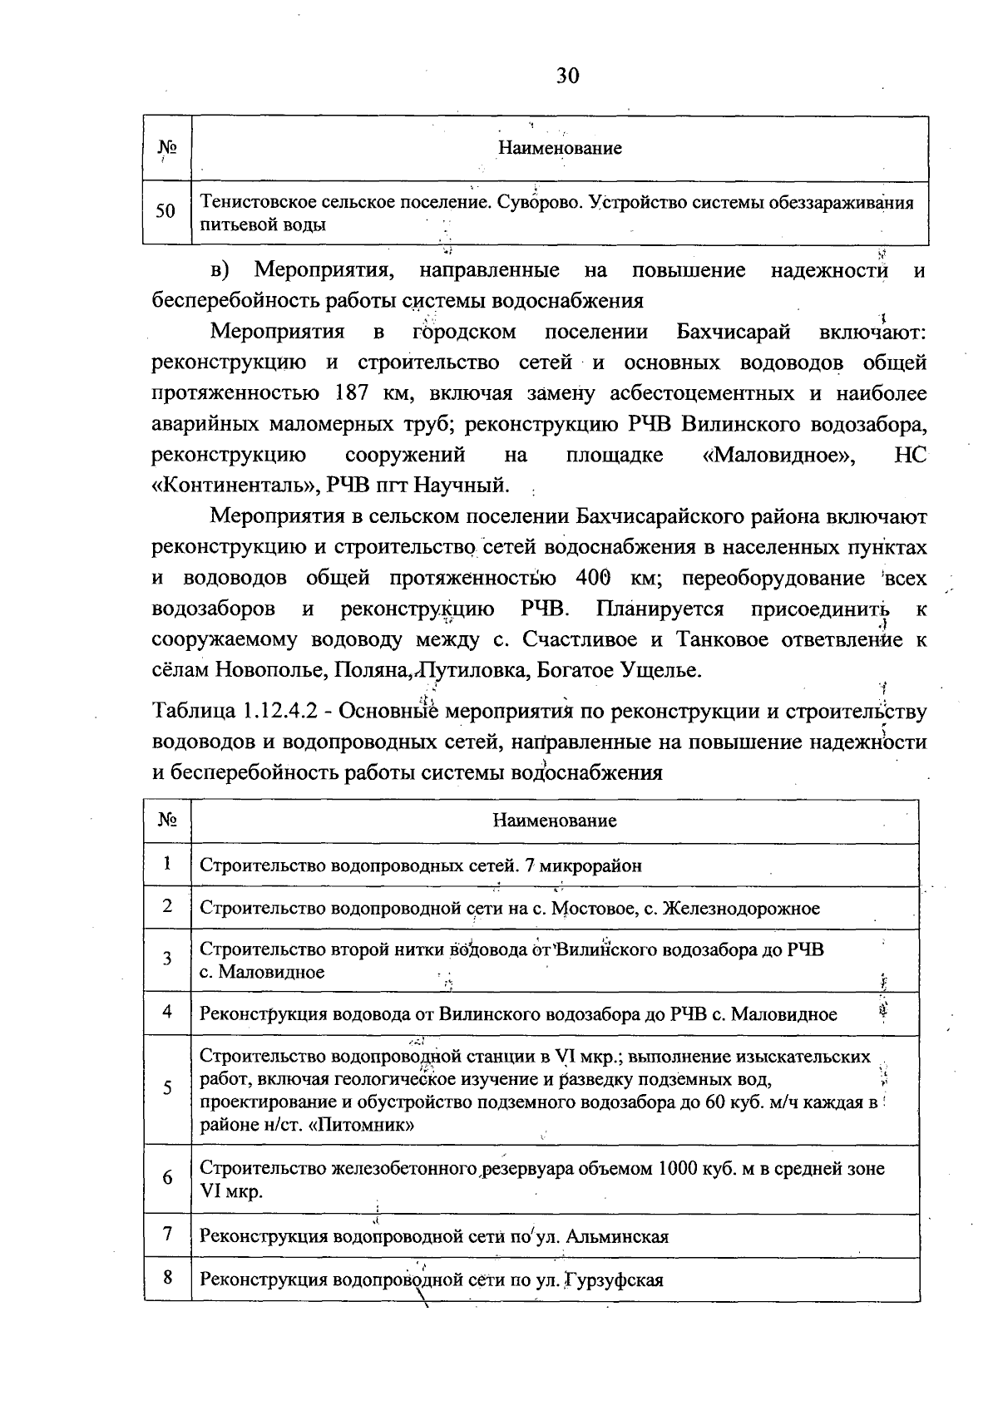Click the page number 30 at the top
(567, 76)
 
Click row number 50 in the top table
(166, 211)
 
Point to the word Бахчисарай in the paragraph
(732, 332)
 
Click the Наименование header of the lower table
(555, 821)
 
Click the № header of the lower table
(167, 821)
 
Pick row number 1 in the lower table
(167, 864)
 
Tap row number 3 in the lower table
(167, 959)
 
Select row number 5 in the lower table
(167, 1088)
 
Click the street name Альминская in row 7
(618, 1236)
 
